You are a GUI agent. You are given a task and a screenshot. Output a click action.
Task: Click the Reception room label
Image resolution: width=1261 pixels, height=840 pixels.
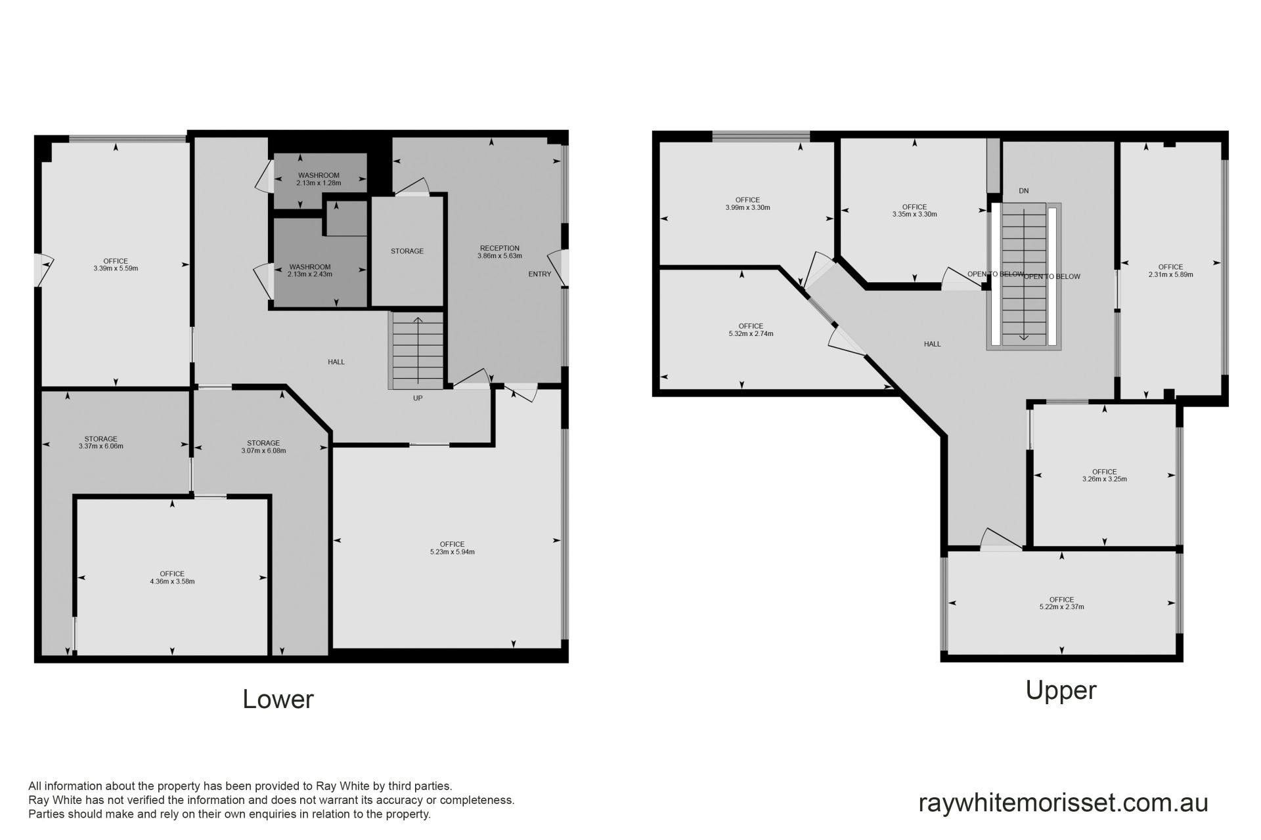pos(500,252)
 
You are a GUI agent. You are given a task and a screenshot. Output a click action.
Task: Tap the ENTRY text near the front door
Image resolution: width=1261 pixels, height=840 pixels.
pos(540,274)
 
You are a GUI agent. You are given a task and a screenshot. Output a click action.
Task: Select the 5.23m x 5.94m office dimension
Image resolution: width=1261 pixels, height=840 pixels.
pos(453,552)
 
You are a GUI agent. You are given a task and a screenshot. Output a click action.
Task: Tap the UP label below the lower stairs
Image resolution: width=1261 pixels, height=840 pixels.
pos(418,398)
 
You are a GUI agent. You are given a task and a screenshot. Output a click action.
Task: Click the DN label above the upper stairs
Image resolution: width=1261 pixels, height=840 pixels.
pos(1024,191)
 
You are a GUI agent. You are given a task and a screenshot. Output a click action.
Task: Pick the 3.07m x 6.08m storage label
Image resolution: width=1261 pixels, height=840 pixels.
pos(264,447)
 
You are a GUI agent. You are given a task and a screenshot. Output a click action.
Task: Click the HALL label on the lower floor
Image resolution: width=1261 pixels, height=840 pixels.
pos(336,362)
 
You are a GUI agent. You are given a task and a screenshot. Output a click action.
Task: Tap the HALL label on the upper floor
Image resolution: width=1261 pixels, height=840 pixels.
pos(933,344)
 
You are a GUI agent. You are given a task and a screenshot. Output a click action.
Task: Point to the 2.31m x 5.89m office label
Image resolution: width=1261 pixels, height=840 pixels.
pos(1171,270)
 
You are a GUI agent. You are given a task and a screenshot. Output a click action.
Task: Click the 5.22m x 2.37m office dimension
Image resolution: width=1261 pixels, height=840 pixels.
pos(1062,607)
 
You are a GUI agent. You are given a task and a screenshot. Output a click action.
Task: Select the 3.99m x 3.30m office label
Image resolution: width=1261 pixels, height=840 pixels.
pos(748,203)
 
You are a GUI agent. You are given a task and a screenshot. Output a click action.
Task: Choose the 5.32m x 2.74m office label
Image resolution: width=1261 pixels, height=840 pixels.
pos(751,329)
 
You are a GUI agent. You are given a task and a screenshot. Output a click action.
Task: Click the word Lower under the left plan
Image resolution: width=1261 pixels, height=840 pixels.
pos(278,699)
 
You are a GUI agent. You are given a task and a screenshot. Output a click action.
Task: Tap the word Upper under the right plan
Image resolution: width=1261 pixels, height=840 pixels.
pos(1061,690)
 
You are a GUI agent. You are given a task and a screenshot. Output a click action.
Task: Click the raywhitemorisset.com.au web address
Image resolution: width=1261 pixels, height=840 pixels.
pos(1063,803)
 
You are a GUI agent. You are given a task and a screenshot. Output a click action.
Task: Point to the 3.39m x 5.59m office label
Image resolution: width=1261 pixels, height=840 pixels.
pos(116,264)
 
